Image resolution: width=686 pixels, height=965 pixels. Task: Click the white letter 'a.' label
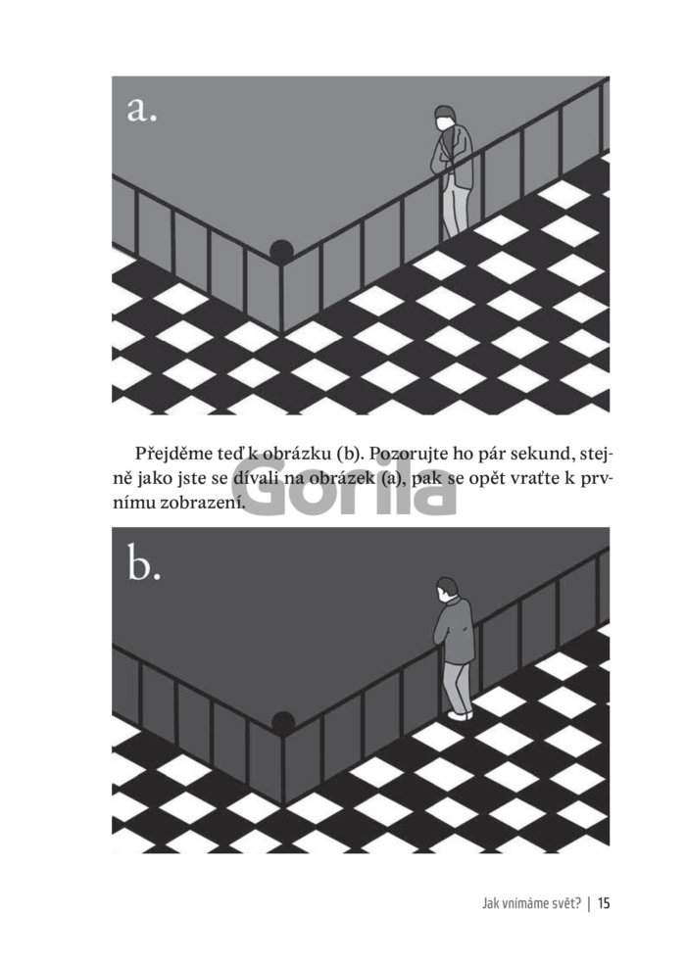[142, 110]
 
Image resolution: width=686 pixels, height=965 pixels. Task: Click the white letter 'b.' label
[144, 563]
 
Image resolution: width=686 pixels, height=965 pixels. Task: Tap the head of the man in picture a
[445, 118]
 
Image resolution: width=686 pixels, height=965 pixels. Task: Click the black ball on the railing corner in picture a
[281, 251]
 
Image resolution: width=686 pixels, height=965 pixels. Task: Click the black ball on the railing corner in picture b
[282, 722]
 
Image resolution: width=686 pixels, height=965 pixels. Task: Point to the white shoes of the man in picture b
[461, 715]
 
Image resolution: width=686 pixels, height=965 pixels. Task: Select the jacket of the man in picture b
[455, 630]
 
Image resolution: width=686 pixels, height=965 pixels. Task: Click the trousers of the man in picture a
[455, 203]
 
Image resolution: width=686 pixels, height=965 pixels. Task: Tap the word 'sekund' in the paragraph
[539, 455]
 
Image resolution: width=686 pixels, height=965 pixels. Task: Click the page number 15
[604, 903]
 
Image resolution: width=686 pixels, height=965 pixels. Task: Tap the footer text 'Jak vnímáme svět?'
[532, 903]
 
